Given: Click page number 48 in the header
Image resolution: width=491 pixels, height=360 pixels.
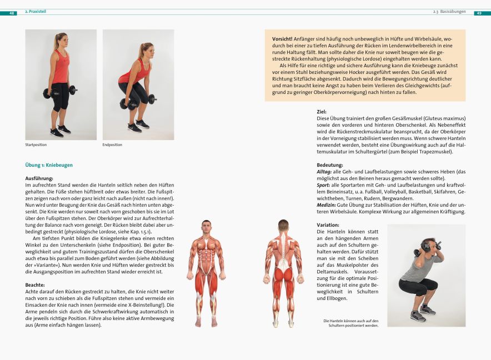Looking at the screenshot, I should point(12,12).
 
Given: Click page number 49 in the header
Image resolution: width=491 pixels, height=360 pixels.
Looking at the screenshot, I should point(479,12).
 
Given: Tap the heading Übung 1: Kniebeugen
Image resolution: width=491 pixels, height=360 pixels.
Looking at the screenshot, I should point(49,165).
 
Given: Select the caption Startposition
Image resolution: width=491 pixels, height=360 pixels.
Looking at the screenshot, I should point(36,145).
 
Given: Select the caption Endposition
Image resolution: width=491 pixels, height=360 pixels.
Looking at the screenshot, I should point(112,145).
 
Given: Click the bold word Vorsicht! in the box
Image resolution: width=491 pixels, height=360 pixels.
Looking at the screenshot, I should point(283,38).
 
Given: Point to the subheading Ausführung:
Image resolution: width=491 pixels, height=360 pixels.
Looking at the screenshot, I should point(39,178).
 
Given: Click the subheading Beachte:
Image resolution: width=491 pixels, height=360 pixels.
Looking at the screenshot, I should point(36,284).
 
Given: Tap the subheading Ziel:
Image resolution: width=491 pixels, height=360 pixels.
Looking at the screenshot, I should point(322,112).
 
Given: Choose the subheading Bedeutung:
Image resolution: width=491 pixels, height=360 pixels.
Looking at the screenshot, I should point(330,165).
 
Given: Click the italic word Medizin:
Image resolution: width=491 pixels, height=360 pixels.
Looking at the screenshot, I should point(326,205).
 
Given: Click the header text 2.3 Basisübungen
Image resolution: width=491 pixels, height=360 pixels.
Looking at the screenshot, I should point(449,12).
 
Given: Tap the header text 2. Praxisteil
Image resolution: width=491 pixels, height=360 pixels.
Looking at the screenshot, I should point(35,12).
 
